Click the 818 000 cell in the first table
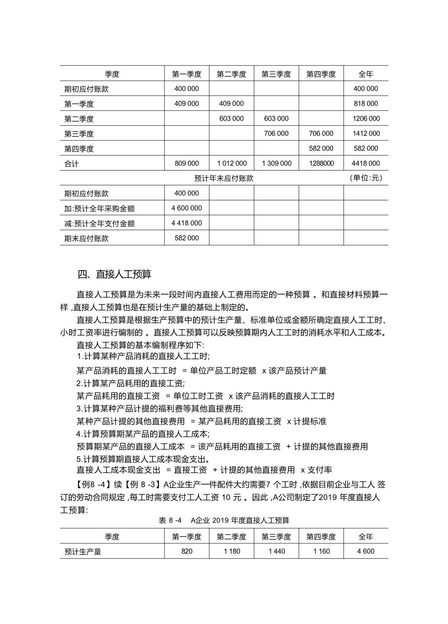[365, 103]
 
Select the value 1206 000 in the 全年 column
[366, 118]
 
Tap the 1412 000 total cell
[366, 134]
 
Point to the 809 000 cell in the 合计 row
[187, 163]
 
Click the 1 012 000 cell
[232, 163]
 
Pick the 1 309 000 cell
[276, 163]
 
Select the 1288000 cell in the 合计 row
[321, 163]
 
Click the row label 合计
[71, 164]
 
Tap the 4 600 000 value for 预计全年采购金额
[187, 208]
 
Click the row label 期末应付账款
[86, 238]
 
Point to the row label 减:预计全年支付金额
[99, 223]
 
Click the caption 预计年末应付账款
[224, 178]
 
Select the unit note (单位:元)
[366, 178]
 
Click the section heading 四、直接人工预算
[114, 274]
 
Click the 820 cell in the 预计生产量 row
[187, 551]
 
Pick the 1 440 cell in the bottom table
[276, 551]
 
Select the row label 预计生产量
[83, 552]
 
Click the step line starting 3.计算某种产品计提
[159, 409]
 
